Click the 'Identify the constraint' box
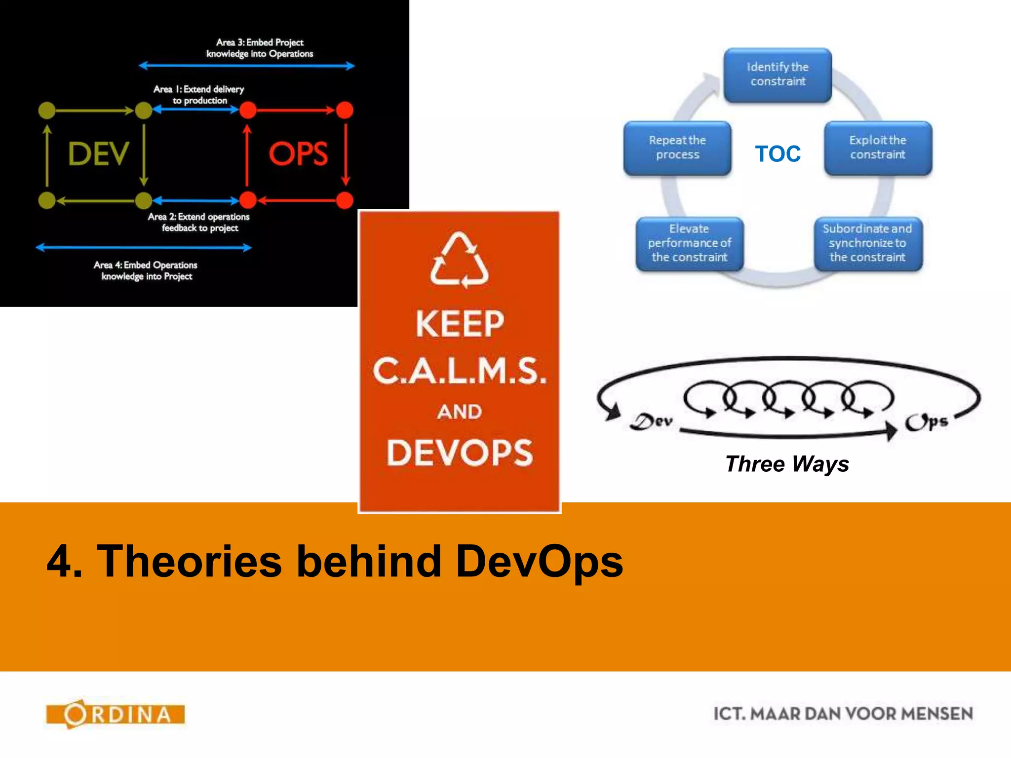tap(778, 75)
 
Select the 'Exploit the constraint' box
tap(878, 148)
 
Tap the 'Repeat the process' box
tap(677, 148)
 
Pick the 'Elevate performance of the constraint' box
tap(689, 243)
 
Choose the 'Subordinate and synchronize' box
tap(867, 243)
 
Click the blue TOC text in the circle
tap(778, 154)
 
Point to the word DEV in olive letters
tap(98, 154)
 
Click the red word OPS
tap(298, 154)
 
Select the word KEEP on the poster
tap(460, 324)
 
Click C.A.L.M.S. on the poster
tap(460, 371)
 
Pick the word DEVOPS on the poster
tap(460, 453)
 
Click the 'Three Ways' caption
tap(787, 464)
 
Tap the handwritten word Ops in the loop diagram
tap(926, 422)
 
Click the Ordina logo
tap(116, 714)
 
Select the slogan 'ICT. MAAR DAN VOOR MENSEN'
tap(843, 714)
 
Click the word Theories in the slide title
tap(190, 562)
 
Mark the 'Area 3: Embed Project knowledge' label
tap(260, 48)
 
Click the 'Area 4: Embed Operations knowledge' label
tap(146, 270)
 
